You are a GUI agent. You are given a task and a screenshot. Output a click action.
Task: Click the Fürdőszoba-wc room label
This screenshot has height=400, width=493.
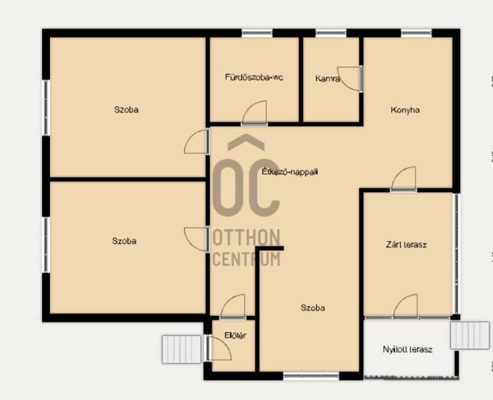pos(254,78)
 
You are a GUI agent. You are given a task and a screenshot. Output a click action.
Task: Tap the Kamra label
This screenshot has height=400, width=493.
pos(328,79)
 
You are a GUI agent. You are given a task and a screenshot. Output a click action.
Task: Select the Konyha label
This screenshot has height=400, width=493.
pos(405,110)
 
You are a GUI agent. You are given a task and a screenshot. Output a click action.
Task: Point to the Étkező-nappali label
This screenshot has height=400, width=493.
pos(290,172)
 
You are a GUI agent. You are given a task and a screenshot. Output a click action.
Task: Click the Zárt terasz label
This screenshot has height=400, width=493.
pos(406,245)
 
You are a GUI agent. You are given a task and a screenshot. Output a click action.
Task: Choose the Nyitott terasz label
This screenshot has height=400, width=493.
pos(407,349)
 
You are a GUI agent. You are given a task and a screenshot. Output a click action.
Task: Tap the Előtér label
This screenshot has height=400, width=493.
pos(235,335)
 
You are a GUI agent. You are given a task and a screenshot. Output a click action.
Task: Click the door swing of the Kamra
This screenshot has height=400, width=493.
pos(349,79)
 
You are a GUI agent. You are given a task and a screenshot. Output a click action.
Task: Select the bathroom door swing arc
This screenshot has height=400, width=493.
pos(254,112)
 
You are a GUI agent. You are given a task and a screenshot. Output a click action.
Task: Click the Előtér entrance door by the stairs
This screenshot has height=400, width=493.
pos(219,348)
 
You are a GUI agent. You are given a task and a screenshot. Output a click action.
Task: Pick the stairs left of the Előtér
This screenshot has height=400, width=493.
pos(181,349)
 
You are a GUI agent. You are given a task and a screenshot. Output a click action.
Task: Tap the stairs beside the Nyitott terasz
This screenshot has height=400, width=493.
pos(470,335)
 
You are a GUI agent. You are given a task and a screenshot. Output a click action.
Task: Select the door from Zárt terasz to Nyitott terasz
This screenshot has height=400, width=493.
pos(405,306)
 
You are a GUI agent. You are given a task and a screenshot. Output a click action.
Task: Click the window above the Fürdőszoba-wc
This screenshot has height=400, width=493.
pos(257,33)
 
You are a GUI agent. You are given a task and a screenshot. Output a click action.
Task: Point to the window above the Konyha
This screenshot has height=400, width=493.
pos(417,33)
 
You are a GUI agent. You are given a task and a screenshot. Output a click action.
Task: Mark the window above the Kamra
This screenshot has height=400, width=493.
pos(331,33)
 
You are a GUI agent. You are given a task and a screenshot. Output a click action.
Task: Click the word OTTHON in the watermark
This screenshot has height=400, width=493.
pos(246,237)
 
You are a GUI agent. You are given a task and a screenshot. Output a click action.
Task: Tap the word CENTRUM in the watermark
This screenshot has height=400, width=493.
pos(246,259)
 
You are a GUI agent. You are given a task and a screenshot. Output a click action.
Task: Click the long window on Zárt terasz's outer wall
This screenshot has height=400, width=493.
pos(456,253)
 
